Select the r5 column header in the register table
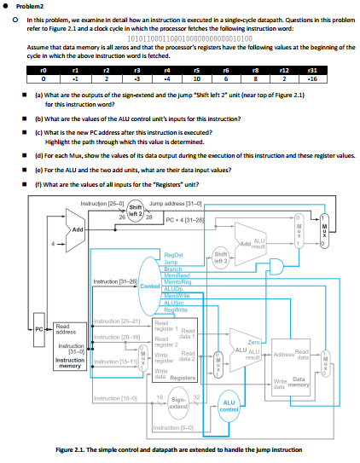point(195,74)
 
